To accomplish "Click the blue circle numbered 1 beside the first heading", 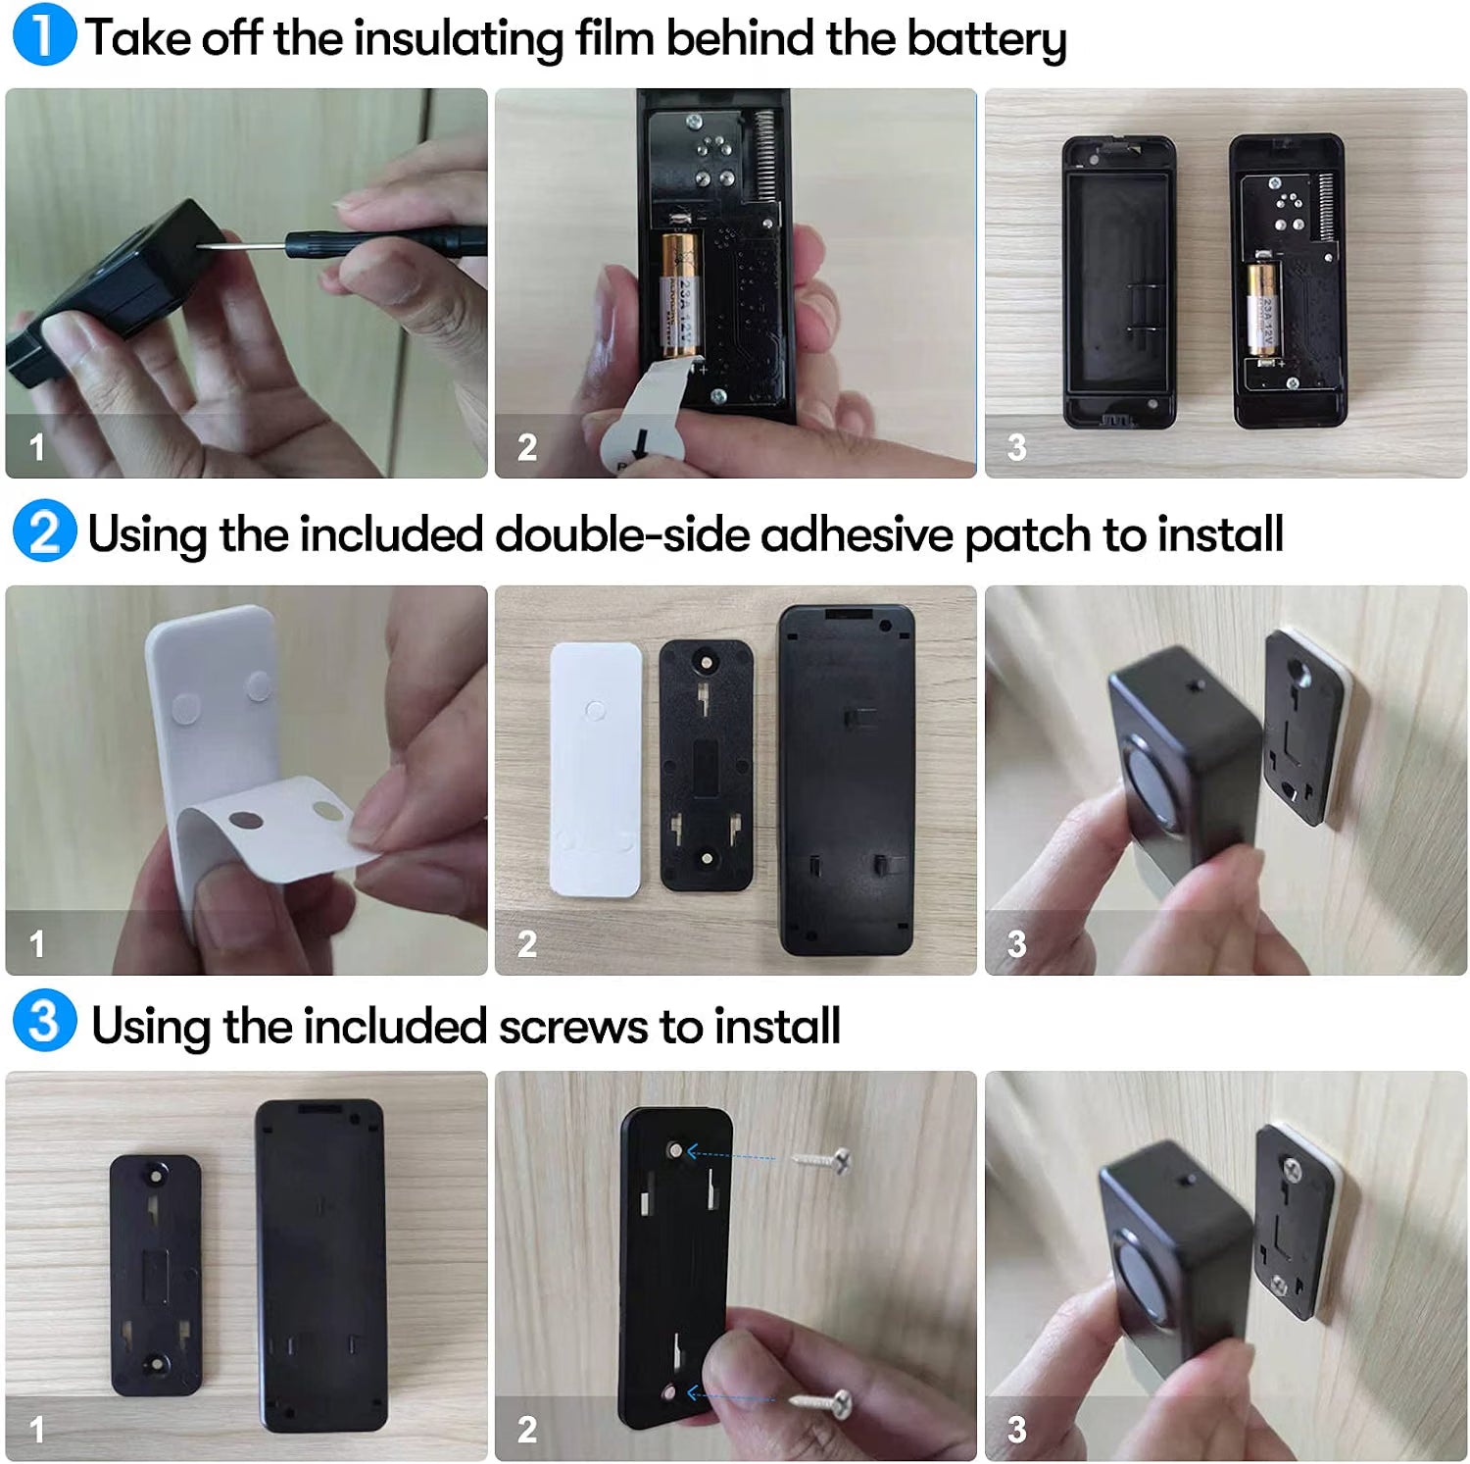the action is click(44, 35).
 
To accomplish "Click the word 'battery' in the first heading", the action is click(986, 39).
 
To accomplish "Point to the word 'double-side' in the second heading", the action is click(625, 534).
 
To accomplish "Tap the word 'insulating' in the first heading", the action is click(458, 39).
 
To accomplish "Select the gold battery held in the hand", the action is click(679, 294).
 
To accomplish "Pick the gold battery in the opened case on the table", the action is click(1263, 308).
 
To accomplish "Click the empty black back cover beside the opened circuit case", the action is click(1119, 281).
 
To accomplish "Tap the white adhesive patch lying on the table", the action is click(596, 769).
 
